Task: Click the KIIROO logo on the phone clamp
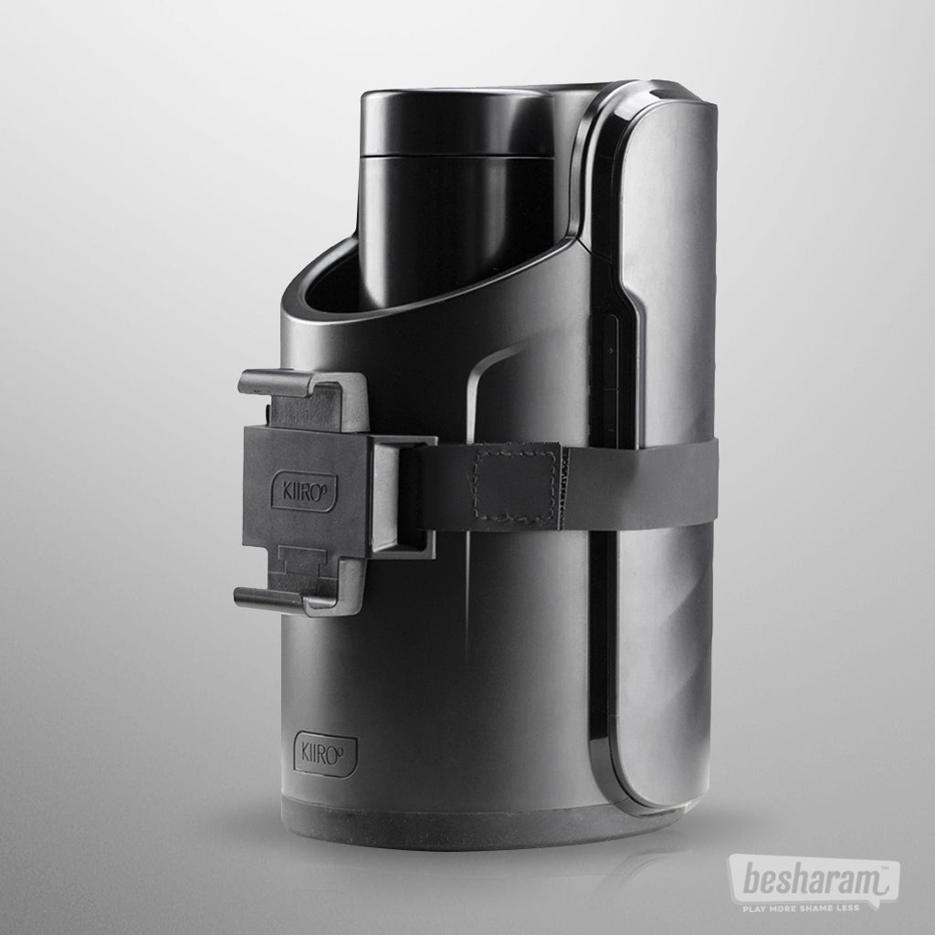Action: tap(303, 492)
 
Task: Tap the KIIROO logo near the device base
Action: tap(326, 753)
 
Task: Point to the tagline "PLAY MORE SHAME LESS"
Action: tap(800, 909)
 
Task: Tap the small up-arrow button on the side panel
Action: tap(610, 352)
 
